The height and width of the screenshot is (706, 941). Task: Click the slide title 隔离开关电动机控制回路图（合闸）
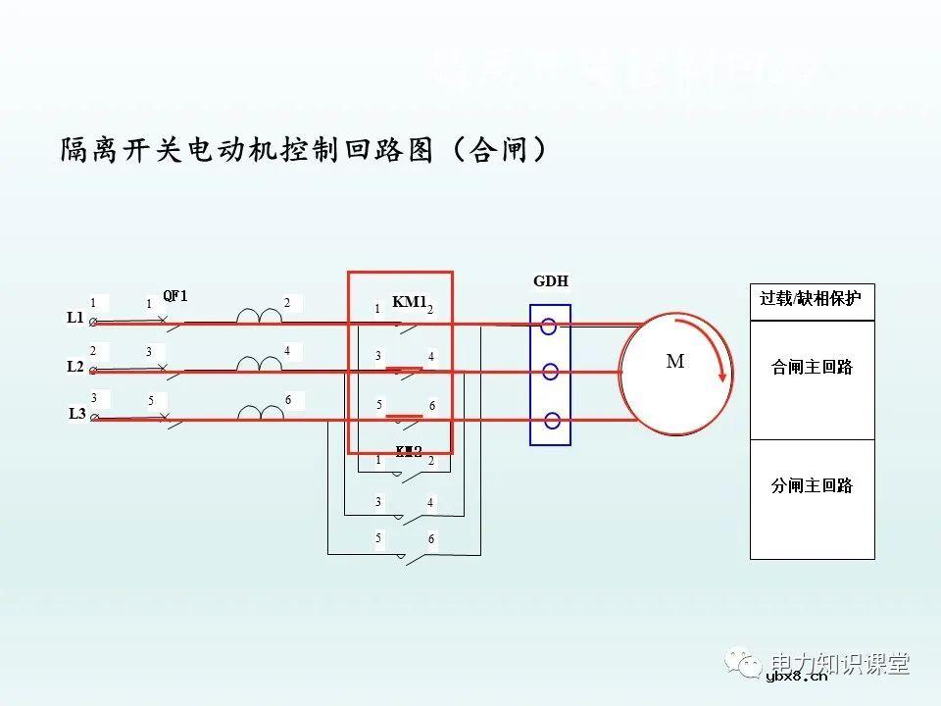[x=303, y=150]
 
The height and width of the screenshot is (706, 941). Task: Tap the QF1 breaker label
[x=174, y=296]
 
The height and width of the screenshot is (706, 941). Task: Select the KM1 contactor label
[x=409, y=302]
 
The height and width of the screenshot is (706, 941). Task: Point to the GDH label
[x=551, y=281]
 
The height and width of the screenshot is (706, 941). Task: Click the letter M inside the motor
[x=675, y=362]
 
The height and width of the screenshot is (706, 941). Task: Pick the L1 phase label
[x=75, y=318]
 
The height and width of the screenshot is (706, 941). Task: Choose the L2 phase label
[x=75, y=367]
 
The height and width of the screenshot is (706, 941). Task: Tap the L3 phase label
[x=76, y=414]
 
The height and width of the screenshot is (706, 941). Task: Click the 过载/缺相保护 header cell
[x=811, y=299]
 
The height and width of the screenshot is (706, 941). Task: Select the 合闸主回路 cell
[x=812, y=368]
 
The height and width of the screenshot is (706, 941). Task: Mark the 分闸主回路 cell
[x=812, y=485]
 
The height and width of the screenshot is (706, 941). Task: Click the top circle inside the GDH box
[x=549, y=328]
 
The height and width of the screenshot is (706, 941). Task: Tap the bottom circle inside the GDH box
[x=552, y=421]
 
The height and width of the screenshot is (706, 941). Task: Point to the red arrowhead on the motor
[x=724, y=375]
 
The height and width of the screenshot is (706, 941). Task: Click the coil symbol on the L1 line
[x=259, y=316]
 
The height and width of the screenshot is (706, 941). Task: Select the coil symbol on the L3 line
[x=259, y=413]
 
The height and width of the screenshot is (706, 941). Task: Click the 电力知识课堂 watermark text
[x=840, y=664]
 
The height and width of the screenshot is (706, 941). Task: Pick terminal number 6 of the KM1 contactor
[x=430, y=406]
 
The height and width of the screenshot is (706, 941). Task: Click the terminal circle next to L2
[x=93, y=371]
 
